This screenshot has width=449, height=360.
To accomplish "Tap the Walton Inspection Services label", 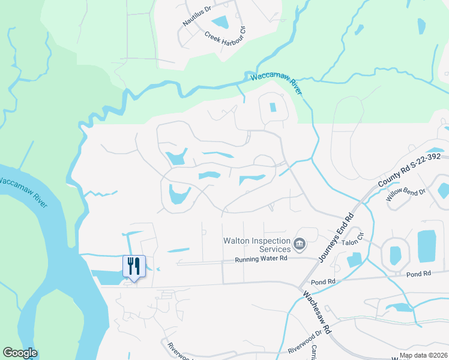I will click(x=253, y=245).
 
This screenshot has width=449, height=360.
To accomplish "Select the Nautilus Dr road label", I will click(x=198, y=22).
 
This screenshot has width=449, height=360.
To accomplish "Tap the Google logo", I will click(x=20, y=353).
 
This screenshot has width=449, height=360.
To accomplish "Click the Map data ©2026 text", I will click(x=423, y=355).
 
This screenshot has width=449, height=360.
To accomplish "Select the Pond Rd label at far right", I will click(x=418, y=274).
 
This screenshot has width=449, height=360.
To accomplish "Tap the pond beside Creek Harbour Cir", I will click(x=220, y=23).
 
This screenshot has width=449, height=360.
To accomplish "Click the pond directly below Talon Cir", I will click(x=354, y=259).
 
